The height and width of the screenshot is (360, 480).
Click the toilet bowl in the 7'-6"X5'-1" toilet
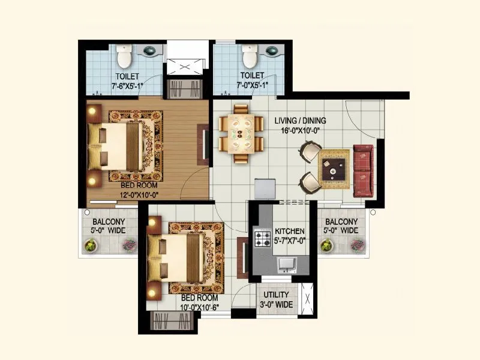124,58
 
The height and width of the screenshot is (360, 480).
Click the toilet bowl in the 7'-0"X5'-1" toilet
249,58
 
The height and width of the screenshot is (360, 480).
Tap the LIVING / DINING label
300,120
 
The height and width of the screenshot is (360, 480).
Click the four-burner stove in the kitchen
262,239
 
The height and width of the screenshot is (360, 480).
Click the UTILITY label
277,295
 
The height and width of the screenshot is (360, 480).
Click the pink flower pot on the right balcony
357,245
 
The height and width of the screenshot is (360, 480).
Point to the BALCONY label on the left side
100,221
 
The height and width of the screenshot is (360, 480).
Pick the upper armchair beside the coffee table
310,151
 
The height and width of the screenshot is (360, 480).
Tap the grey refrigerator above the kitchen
264,188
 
